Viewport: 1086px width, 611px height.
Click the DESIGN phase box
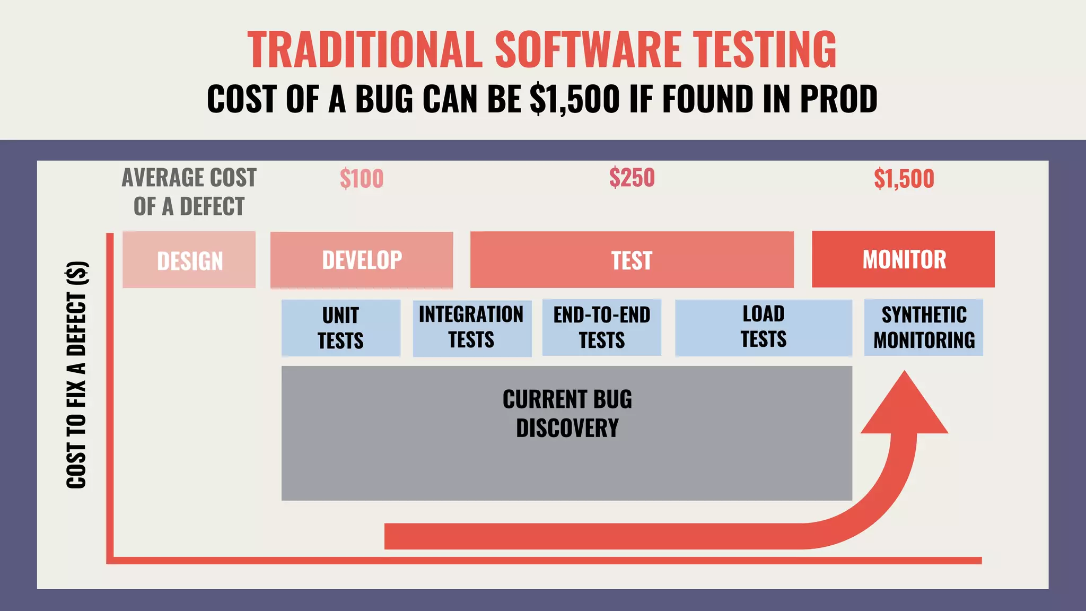[189, 260]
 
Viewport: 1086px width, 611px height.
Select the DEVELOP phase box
[362, 260]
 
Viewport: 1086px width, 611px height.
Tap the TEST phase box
[632, 260]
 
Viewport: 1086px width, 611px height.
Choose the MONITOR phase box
[903, 259]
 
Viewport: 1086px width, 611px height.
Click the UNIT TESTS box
[340, 328]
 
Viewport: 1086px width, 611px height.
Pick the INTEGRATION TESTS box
[472, 328]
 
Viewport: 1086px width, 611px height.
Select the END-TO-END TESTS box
[601, 328]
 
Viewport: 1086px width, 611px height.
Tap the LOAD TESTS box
[763, 327]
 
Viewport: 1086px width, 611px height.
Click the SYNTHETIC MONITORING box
[923, 327]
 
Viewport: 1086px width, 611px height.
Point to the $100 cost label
[362, 179]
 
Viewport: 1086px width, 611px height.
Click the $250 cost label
[632, 178]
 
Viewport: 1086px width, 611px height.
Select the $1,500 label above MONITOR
[904, 179]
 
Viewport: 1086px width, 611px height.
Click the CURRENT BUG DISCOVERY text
[567, 414]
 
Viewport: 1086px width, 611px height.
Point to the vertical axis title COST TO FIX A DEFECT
[76, 374]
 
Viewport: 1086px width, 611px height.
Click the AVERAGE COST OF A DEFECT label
[189, 192]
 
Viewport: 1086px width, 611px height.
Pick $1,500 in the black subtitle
[575, 99]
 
